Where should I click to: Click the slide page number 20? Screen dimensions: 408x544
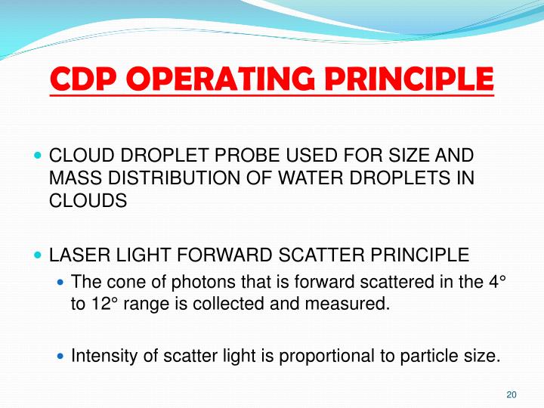pos(511,395)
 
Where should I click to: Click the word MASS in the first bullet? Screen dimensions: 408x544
pos(72,180)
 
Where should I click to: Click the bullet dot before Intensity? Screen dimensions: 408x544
pos(62,356)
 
